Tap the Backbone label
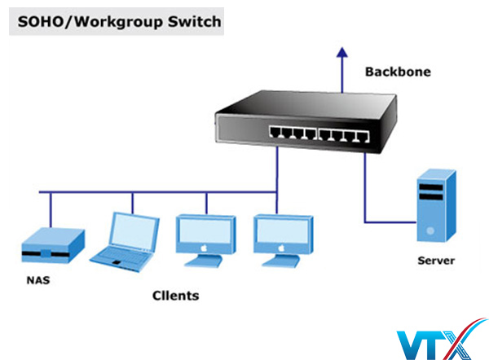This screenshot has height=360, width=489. tap(397, 72)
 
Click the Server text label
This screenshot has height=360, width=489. tap(436, 261)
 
